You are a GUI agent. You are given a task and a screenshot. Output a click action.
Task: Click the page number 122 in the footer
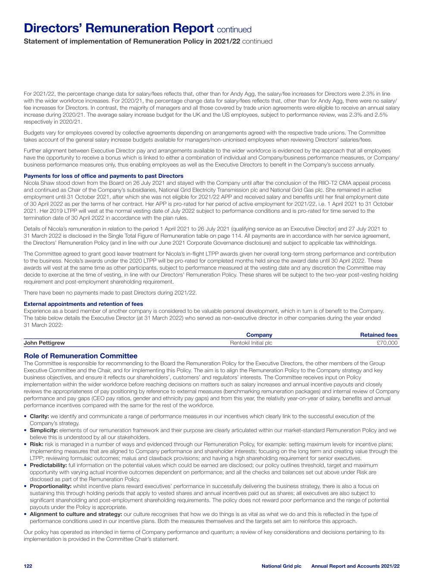pyautogui.click(x=28, y=566)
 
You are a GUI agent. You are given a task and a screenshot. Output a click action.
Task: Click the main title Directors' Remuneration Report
pyautogui.click(x=118, y=28)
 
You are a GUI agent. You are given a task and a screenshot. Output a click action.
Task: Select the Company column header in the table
pyautogui.click(x=259, y=335)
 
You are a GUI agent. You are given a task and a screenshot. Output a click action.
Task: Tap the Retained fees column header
pyautogui.click(x=378, y=335)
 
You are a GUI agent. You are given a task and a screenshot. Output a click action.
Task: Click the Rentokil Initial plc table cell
pyautogui.click(x=251, y=343)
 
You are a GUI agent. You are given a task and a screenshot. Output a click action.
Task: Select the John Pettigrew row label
pyautogui.click(x=44, y=343)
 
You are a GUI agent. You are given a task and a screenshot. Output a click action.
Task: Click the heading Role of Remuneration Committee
pyautogui.click(x=81, y=356)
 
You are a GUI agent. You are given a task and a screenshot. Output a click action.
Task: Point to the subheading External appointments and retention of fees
pyautogui.click(x=83, y=304)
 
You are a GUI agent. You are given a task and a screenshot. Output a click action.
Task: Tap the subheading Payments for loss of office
pyautogui.click(x=103, y=176)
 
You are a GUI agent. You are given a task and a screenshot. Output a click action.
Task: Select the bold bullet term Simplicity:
pyautogui.click(x=44, y=430)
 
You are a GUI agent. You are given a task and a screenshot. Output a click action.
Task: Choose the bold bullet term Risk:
pyautogui.click(x=36, y=444)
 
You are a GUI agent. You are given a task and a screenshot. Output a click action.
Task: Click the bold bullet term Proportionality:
pyautogui.click(x=50, y=486)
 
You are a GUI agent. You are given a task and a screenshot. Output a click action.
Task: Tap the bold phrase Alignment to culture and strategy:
pyautogui.click(x=75, y=514)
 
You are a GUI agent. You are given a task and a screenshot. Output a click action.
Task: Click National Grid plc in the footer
pyautogui.click(x=281, y=566)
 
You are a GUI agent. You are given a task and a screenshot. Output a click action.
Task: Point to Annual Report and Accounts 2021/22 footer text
pyautogui.click(x=355, y=566)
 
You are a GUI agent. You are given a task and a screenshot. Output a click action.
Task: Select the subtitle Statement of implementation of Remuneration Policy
pyautogui.click(x=132, y=42)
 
